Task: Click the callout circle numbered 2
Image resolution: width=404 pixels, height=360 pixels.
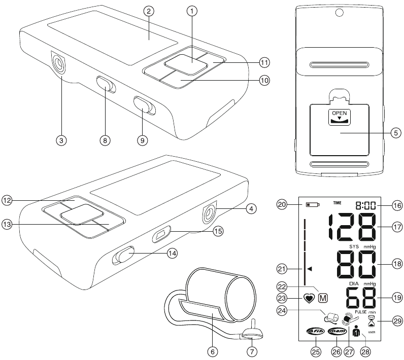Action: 149,11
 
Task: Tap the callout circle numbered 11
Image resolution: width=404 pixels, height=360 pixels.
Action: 264,62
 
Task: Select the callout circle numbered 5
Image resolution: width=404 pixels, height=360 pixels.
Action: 396,133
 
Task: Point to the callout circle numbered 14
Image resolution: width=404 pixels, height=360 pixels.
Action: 173,253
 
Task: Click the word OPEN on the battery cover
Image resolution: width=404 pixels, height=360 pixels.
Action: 340,113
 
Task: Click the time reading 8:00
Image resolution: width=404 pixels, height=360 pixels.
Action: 365,205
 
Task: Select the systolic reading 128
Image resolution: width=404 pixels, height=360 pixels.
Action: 352,227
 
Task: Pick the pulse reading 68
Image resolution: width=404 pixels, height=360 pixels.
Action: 361,298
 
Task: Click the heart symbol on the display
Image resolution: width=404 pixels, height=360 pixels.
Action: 309,298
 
